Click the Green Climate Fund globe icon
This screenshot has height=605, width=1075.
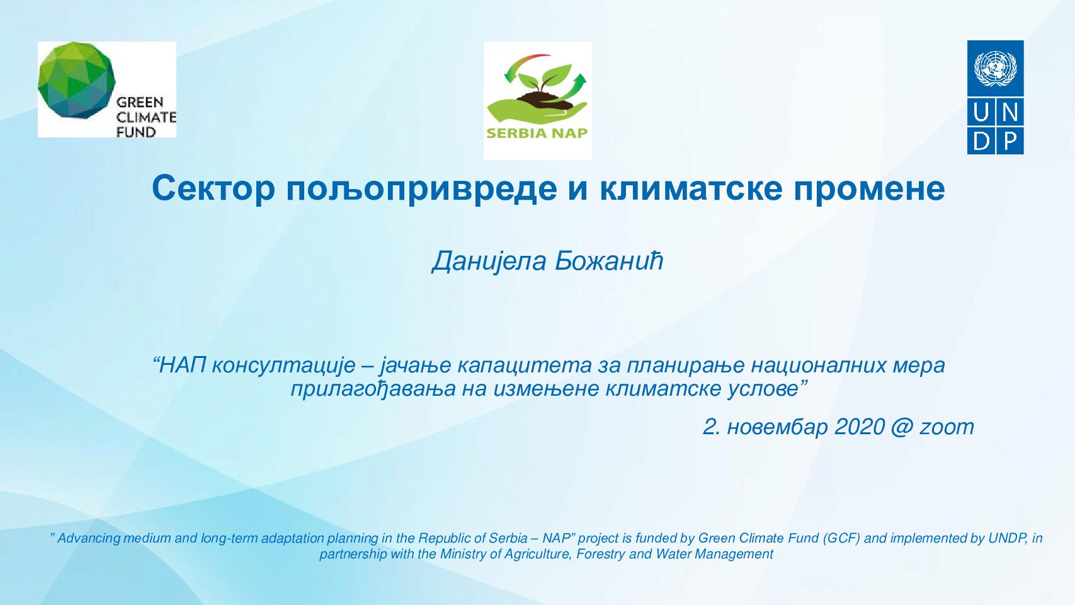77,80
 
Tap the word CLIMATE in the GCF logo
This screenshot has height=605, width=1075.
146,117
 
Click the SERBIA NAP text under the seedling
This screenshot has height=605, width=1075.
537,133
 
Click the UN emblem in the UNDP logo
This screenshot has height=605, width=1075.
995,69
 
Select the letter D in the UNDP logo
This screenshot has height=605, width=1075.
981,142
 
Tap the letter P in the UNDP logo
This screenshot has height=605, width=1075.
1010,142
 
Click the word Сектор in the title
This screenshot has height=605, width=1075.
213,188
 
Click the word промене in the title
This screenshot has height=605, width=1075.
869,188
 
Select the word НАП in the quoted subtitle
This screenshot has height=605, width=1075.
181,365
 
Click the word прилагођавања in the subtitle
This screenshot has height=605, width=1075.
373,389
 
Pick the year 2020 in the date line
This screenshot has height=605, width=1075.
860,427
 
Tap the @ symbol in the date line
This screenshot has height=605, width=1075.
902,427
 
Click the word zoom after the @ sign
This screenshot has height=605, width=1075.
947,427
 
